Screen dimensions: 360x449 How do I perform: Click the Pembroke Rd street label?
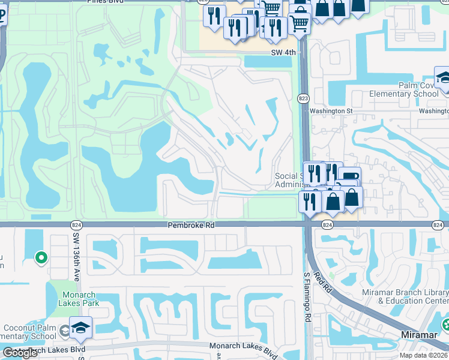[190, 224]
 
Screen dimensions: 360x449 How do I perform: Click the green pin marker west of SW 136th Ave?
[41, 257]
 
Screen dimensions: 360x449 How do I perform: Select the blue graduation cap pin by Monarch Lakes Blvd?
[79, 328]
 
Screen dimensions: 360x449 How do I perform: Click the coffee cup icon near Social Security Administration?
[349, 176]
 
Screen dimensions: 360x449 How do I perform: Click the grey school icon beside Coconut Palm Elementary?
[65, 329]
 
